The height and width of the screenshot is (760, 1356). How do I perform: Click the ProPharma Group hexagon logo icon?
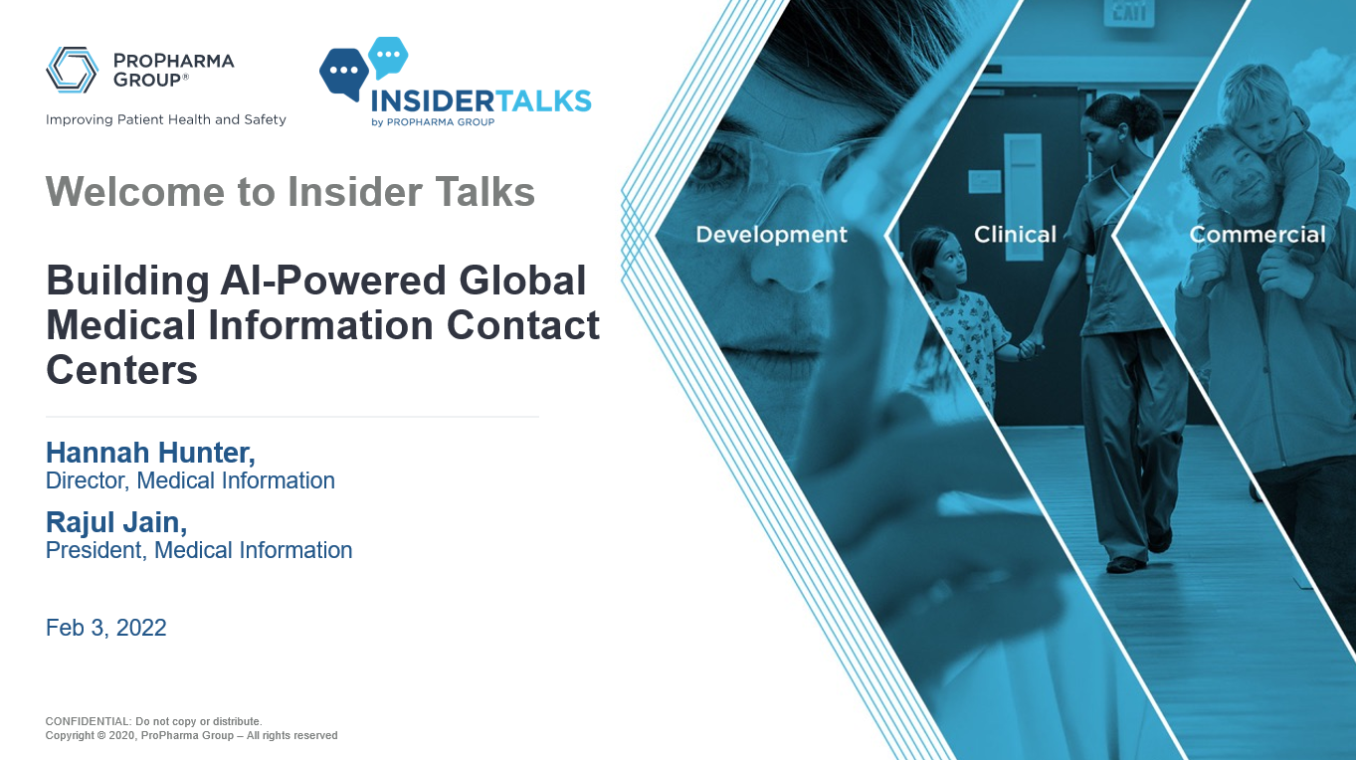pos(72,70)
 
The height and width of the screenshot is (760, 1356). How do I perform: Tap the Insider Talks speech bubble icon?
pos(363,68)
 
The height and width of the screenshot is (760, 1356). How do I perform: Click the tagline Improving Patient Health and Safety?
pos(166,119)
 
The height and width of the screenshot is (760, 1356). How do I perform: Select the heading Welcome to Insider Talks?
pos(291,191)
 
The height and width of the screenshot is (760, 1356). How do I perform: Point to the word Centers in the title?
pos(121,370)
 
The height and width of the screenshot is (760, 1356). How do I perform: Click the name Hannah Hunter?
pos(150,453)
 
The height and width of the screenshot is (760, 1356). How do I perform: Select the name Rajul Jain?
pos(116,521)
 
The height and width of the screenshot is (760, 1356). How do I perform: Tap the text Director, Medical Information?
pos(190,481)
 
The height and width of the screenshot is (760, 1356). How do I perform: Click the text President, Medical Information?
pos(199,550)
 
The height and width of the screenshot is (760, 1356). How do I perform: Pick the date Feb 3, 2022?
pos(106,628)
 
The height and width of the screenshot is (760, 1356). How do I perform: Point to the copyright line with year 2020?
pos(191,736)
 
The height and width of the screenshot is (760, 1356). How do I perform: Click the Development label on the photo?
pos(771,235)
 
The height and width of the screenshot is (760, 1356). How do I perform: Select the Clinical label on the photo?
pos(1015,235)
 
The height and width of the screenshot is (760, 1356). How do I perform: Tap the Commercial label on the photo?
pos(1258,235)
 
